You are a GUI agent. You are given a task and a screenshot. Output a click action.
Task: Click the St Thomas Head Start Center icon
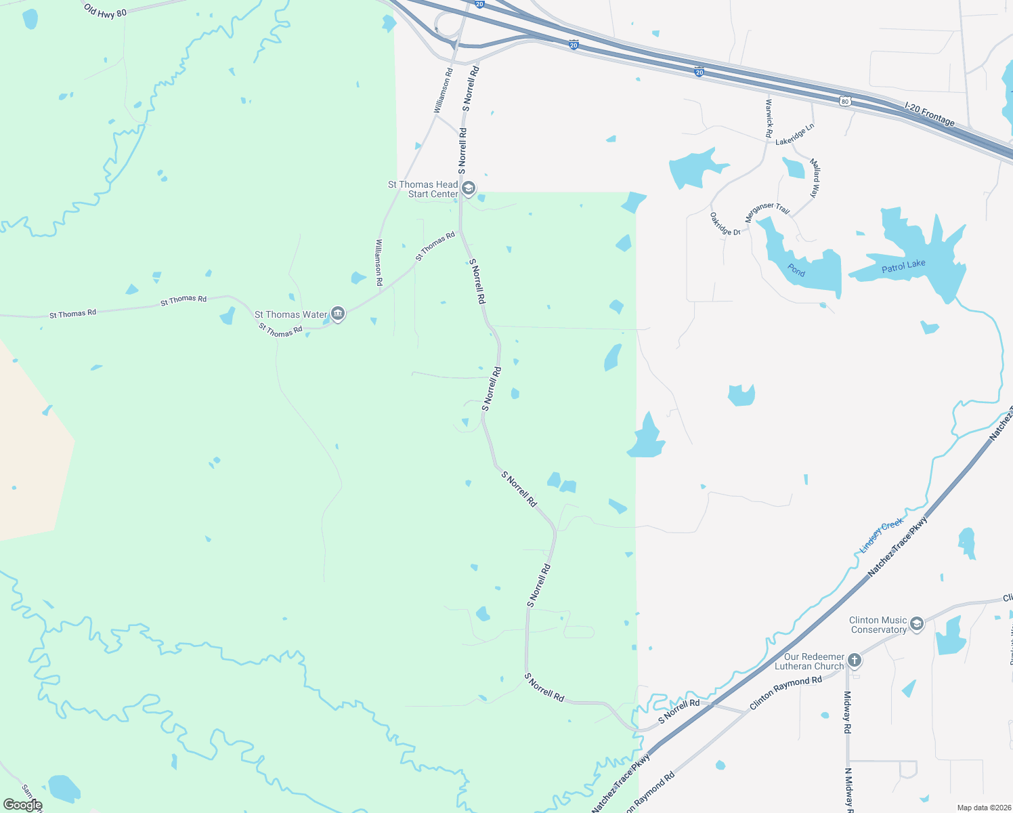(x=468, y=188)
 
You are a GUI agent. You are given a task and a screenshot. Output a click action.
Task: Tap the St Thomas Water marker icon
(x=338, y=314)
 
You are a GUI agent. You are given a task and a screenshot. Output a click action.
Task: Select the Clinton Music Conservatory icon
(x=917, y=624)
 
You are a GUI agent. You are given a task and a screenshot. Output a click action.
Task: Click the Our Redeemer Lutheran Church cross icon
(x=855, y=660)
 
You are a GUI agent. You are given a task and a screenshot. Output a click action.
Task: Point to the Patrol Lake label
(x=903, y=266)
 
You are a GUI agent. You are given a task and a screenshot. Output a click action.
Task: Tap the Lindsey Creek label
(x=882, y=535)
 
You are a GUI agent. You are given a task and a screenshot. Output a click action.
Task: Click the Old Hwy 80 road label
(x=105, y=10)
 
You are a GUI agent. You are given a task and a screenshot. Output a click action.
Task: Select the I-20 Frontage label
(x=930, y=114)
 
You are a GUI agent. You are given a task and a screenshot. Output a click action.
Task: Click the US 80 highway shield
(x=844, y=101)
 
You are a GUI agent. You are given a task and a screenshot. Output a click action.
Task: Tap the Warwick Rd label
(x=769, y=119)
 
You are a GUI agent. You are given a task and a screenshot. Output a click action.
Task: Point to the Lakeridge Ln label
(x=795, y=134)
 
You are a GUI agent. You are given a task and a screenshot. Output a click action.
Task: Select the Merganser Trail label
(x=767, y=212)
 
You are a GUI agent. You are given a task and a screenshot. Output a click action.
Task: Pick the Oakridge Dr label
(x=725, y=224)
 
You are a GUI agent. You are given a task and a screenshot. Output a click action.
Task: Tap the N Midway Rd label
(x=848, y=789)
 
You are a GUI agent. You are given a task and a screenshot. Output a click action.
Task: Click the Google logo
(x=22, y=804)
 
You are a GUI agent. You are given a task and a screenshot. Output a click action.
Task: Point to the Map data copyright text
(x=983, y=808)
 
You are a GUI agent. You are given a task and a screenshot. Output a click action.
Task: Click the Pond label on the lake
(x=796, y=271)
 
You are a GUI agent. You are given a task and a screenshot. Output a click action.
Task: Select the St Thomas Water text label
(x=290, y=314)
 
